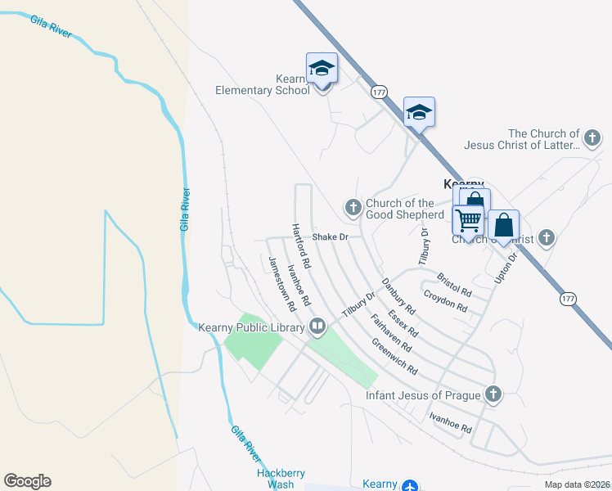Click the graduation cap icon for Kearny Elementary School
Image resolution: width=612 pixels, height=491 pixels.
[x=322, y=69]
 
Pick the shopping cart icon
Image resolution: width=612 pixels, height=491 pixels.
[x=468, y=219]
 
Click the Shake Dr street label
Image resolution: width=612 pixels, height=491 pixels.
[x=331, y=237]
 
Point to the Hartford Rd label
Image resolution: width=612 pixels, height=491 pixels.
[x=301, y=246]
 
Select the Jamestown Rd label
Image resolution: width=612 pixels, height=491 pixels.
[x=281, y=283]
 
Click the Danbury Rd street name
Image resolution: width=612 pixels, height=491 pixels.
[x=398, y=297]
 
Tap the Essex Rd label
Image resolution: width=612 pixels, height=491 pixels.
[x=403, y=323]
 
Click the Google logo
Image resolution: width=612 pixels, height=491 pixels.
[x=27, y=481]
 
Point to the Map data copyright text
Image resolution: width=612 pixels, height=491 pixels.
[x=577, y=484]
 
